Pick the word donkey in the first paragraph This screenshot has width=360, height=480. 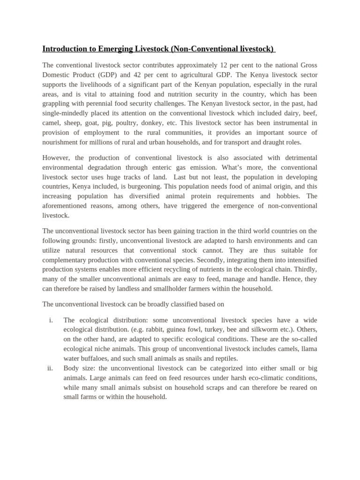pos(182,123)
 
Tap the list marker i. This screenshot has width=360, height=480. pos(51,320)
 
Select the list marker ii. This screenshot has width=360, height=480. pos(50,368)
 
